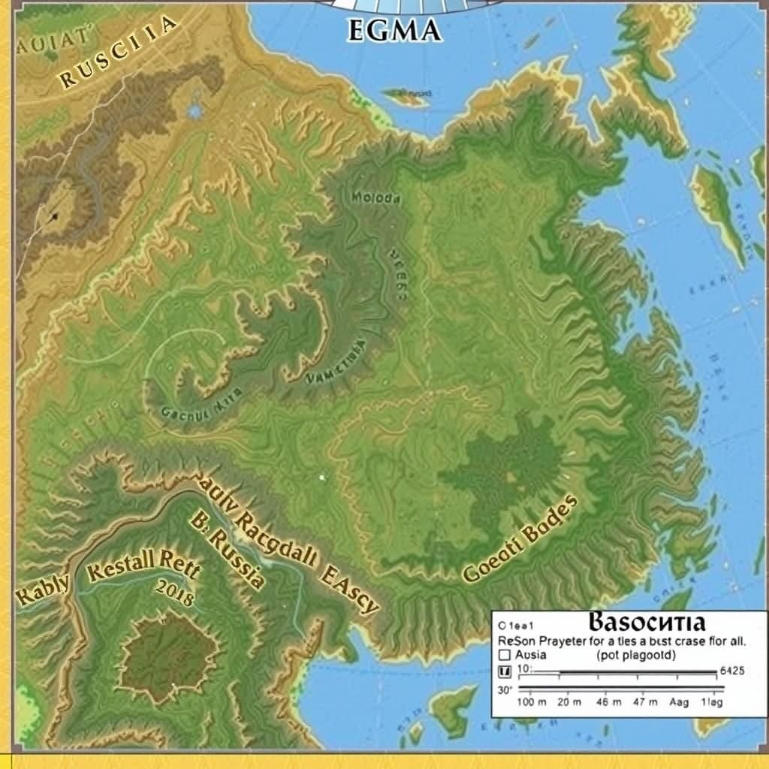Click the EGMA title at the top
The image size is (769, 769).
394,31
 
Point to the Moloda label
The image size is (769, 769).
376,199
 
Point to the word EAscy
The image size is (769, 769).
349,590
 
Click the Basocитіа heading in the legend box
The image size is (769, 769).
647,623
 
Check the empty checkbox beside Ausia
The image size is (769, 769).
505,655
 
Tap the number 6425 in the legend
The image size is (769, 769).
732,671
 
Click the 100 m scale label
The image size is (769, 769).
533,703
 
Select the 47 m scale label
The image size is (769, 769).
643,703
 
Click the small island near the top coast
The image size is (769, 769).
406,96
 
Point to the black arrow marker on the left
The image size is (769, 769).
53,217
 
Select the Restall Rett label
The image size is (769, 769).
143,565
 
